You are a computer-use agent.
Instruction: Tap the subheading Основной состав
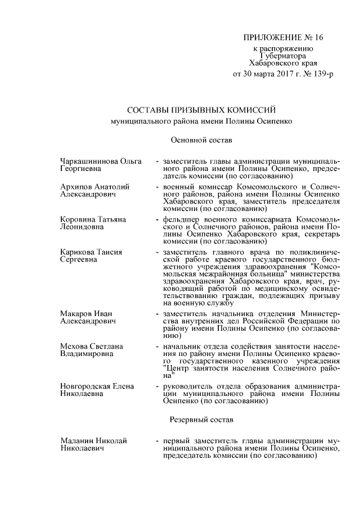(x=201, y=138)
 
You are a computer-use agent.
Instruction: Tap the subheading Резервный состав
(x=201, y=420)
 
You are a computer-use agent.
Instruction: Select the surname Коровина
(x=77, y=219)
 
